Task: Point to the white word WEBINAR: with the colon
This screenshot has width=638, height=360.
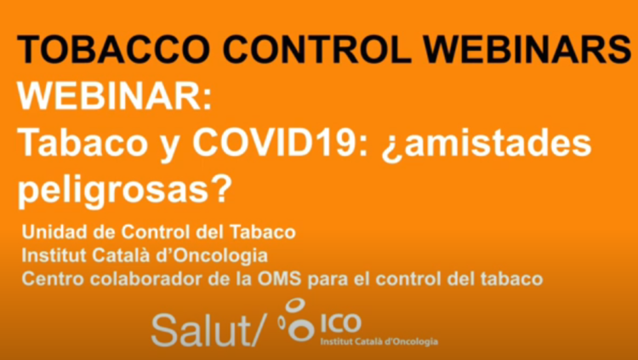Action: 114,97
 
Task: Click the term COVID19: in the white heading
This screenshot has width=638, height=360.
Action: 281,143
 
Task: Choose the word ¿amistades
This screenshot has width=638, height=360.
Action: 486,145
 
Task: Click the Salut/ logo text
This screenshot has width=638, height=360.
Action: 207,330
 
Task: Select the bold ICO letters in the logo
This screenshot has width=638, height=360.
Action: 341,323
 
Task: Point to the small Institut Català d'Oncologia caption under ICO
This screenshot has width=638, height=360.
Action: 379,341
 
